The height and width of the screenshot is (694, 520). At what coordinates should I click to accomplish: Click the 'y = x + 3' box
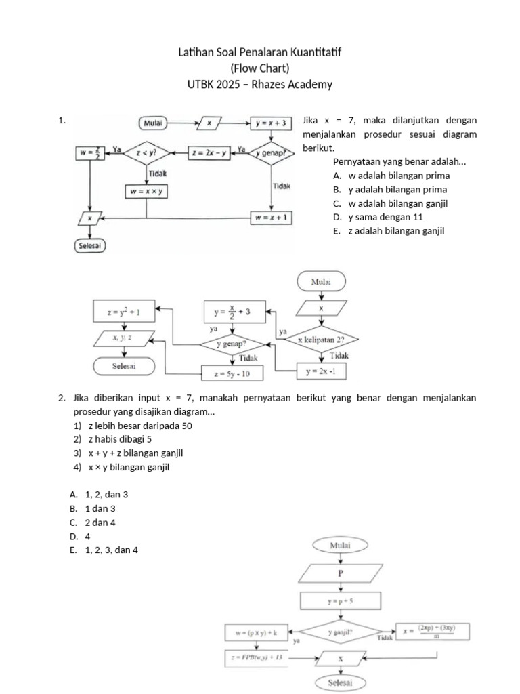(272, 123)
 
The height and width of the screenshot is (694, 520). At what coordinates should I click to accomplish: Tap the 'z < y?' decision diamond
(146, 153)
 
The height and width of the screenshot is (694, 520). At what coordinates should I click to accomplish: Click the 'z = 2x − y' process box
(209, 153)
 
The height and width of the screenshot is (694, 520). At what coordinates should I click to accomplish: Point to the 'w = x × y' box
(147, 192)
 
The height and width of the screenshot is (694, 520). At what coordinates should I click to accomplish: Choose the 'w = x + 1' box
(272, 218)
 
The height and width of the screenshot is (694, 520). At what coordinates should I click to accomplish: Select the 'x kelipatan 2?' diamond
(322, 339)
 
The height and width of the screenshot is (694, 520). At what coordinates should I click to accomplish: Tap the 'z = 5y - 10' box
(232, 373)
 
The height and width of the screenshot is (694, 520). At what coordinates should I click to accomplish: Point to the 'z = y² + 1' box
(124, 312)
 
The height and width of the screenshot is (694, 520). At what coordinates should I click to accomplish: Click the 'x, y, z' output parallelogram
(124, 337)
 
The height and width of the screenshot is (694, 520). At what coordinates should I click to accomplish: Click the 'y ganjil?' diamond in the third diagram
(340, 632)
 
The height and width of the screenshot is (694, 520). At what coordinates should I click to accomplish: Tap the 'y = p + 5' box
(340, 600)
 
